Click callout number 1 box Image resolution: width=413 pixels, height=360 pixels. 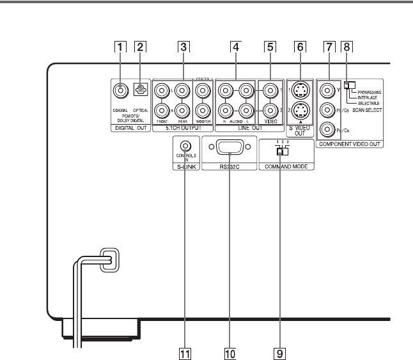pos(118,47)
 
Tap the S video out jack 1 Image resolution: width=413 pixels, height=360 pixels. pos(300,90)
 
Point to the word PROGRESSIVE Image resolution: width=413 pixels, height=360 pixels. pos(370,93)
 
